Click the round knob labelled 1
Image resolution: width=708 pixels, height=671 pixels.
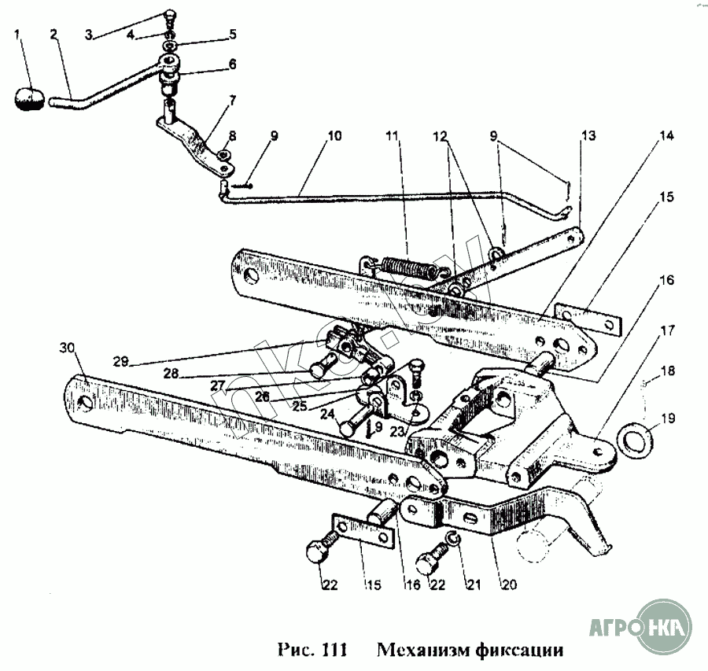(30, 99)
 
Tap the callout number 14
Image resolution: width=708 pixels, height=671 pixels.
(666, 135)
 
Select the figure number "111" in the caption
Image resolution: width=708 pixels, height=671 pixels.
(334, 651)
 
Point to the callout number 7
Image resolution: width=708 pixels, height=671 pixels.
(232, 101)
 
